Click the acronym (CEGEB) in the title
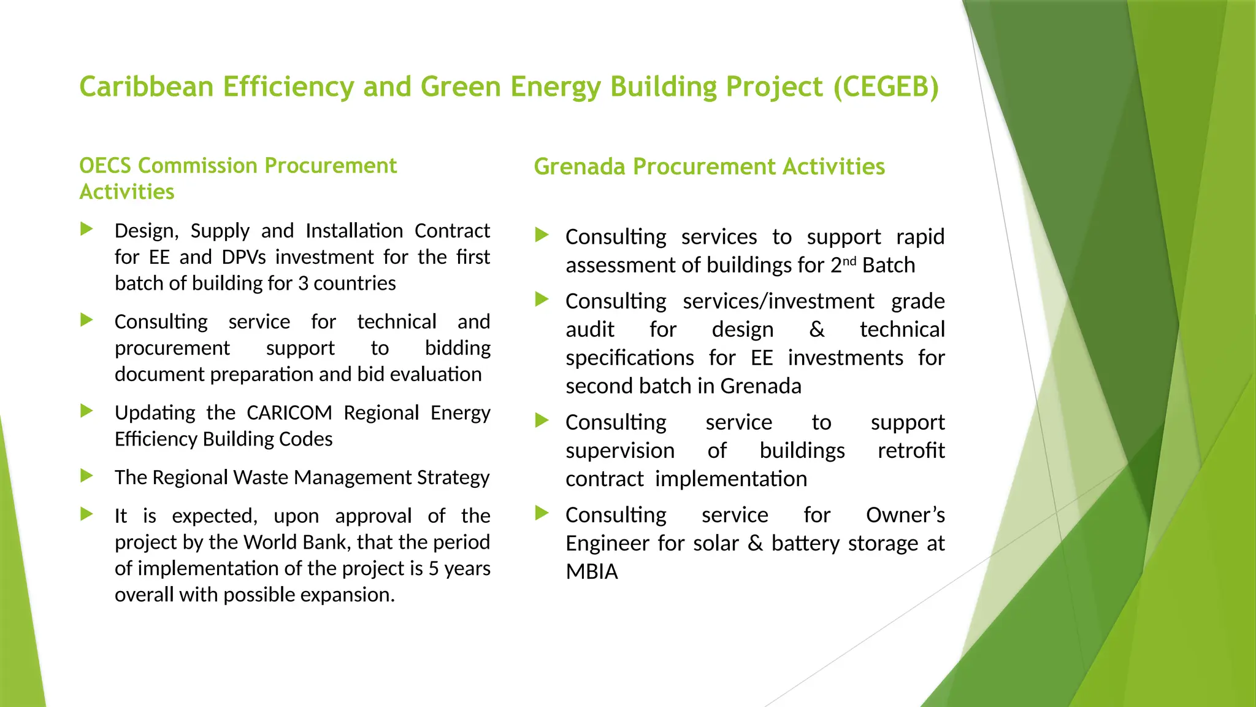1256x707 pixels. click(x=886, y=87)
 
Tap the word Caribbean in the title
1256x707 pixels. click(x=146, y=87)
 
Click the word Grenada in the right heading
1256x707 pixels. click(x=580, y=167)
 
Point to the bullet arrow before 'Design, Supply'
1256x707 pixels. click(x=86, y=230)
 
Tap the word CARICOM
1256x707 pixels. click(x=289, y=413)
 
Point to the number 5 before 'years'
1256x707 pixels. click(x=434, y=569)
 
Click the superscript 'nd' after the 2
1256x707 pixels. click(x=849, y=261)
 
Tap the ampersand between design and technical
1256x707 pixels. click(x=816, y=330)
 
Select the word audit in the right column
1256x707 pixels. click(x=589, y=330)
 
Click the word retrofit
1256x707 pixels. click(x=911, y=451)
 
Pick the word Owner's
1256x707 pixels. click(x=905, y=516)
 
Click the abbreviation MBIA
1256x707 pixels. click(x=591, y=572)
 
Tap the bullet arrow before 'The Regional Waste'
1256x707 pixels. click(x=86, y=476)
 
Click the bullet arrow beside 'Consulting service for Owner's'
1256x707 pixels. click(x=542, y=513)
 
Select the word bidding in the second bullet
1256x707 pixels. click(x=458, y=349)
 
